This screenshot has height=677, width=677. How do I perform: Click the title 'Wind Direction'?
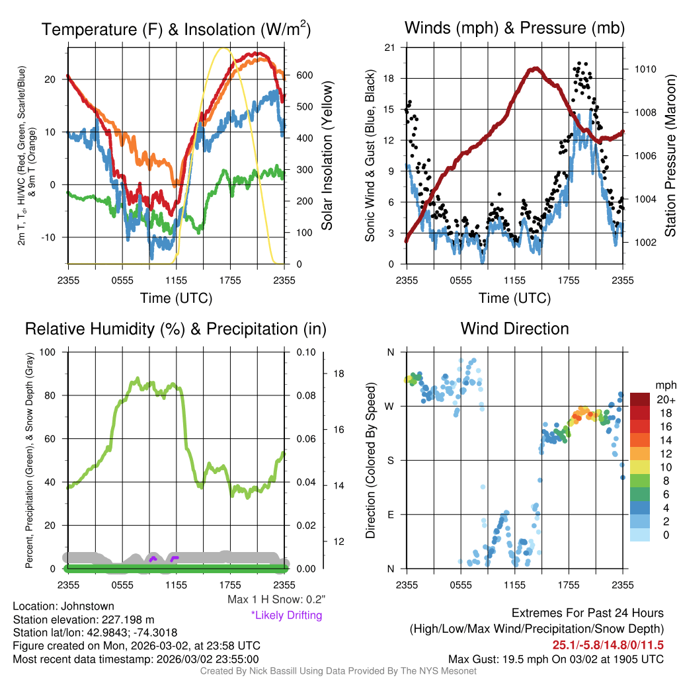tap(514, 329)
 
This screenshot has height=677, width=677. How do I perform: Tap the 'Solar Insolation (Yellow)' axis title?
tap(327, 155)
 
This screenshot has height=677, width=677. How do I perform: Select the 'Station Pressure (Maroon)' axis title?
tap(670, 155)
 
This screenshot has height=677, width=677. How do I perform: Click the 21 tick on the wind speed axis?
tap(389, 47)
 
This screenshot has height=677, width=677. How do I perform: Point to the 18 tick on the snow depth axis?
tap(338, 374)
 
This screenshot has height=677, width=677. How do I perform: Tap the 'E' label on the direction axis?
tap(391, 514)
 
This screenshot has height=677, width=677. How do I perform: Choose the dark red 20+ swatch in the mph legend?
tap(640, 399)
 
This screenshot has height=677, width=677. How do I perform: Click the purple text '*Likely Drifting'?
tap(286, 616)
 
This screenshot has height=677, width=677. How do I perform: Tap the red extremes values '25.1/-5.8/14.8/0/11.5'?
tap(608, 645)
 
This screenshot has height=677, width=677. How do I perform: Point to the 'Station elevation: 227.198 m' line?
tap(83, 619)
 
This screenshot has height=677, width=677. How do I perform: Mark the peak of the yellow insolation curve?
tap(223, 48)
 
